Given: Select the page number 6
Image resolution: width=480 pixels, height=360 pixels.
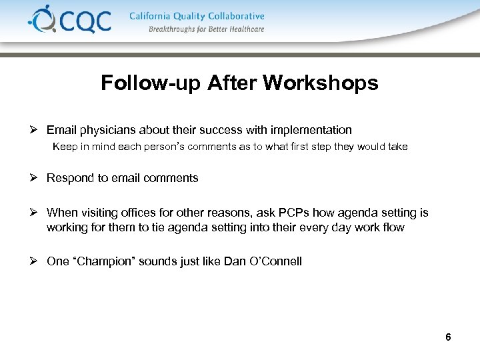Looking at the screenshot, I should pos(448,337).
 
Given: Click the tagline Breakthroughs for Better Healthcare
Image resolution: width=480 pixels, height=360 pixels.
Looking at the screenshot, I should pos(207,29).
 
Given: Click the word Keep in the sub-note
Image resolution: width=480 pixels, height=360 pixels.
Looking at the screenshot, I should pos(64,147).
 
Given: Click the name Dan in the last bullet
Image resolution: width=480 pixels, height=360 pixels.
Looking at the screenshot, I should pos(235,261).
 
